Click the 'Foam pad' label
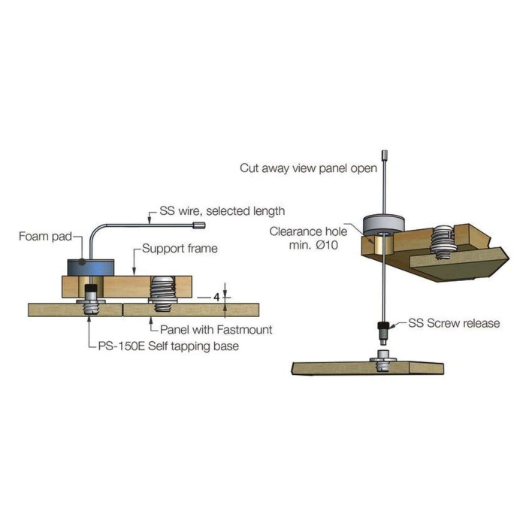point(45,236)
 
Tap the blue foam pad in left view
point(91,268)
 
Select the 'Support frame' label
point(180,249)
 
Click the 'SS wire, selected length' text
point(222,211)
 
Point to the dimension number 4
point(216,298)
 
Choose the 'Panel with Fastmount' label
point(216,330)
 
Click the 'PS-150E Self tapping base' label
point(168,346)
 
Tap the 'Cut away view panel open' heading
point(308,168)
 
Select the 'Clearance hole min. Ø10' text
point(308,238)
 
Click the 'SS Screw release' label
point(454,323)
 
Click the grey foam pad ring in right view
point(383,225)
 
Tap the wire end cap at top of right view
point(384,155)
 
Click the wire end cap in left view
point(199,225)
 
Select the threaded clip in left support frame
point(163,294)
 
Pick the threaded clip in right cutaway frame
point(444,242)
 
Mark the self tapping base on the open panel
point(384,361)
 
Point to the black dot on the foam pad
point(81,261)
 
